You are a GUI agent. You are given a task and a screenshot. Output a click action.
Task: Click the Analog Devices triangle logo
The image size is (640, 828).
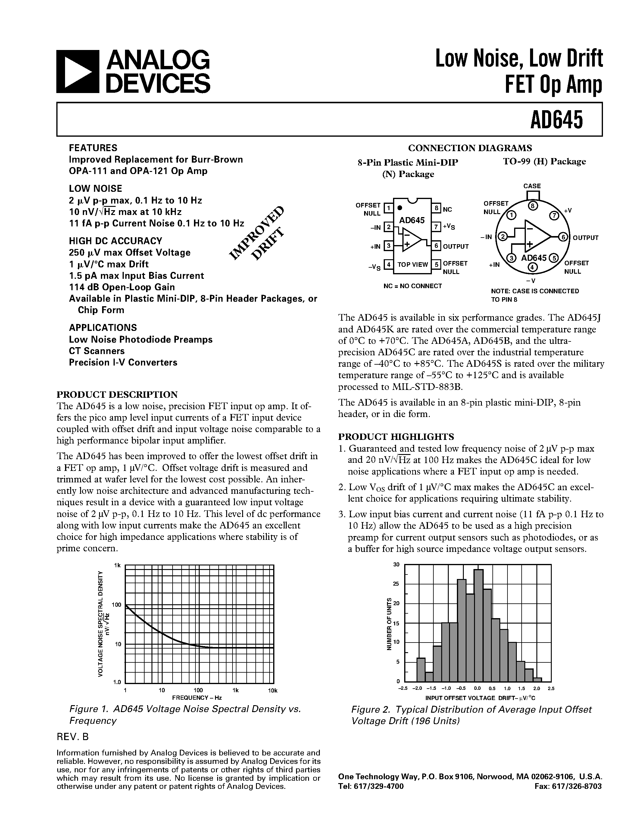pyautogui.click(x=77, y=72)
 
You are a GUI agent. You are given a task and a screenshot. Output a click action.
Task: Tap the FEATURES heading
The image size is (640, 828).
pyautogui.click(x=93, y=148)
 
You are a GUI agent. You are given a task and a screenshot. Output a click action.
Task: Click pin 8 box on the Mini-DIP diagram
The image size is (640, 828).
pyautogui.click(x=436, y=208)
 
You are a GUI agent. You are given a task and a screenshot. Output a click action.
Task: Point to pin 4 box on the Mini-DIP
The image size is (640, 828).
pyautogui.click(x=388, y=264)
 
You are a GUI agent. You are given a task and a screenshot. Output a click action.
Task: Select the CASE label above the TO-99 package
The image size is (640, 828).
pyautogui.click(x=532, y=186)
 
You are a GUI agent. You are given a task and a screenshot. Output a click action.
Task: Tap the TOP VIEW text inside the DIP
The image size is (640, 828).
pyautogui.click(x=413, y=265)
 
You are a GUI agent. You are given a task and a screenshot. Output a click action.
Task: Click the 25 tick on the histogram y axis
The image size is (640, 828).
pyautogui.click(x=397, y=584)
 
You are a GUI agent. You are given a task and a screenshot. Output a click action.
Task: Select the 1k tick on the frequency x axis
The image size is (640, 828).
pyautogui.click(x=236, y=690)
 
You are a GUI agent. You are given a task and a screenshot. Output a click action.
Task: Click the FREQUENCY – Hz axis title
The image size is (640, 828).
pyautogui.click(x=197, y=698)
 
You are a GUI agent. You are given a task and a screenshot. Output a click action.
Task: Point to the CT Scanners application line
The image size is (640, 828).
pyautogui.click(x=97, y=351)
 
